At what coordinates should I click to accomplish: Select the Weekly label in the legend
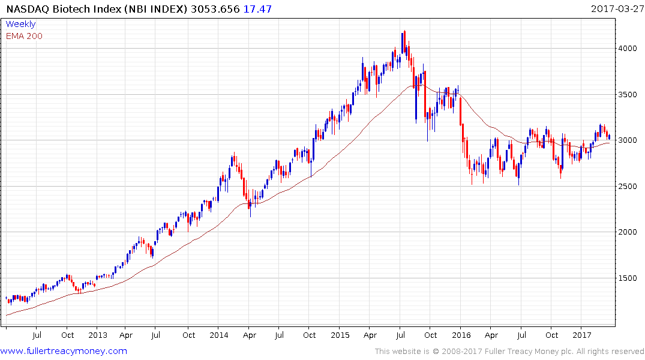[20, 24]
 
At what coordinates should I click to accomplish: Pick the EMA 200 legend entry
[24, 35]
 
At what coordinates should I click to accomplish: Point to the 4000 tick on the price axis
[629, 49]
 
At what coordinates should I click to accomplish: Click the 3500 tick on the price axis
[629, 95]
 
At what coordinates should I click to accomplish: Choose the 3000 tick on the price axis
[629, 140]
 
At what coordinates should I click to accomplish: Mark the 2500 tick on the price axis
[629, 187]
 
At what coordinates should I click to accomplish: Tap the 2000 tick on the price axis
[629, 232]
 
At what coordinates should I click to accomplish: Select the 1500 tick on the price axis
[629, 278]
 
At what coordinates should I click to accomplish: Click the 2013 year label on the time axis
[97, 335]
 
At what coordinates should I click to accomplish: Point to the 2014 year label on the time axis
[219, 335]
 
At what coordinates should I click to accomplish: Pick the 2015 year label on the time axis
[340, 335]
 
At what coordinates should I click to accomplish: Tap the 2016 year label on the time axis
[461, 335]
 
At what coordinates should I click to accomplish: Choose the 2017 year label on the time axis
[581, 335]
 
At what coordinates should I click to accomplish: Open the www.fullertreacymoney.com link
[64, 351]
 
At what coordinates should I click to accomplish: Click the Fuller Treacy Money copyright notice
[509, 352]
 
